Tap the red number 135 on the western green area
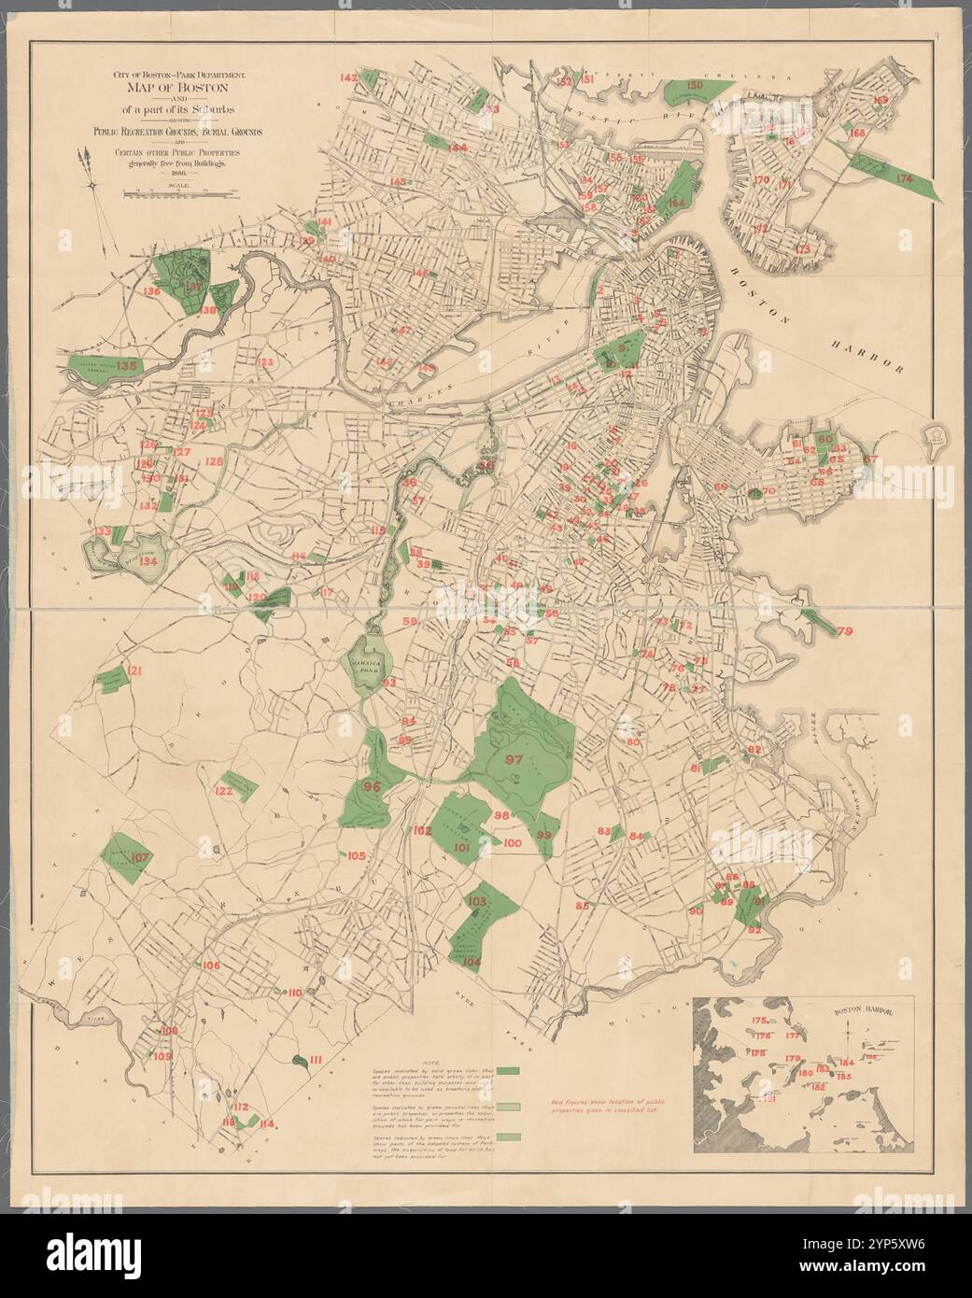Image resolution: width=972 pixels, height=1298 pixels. tap(127, 366)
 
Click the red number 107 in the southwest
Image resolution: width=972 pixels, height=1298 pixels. tap(140, 857)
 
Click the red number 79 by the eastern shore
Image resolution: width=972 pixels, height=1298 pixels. tap(844, 632)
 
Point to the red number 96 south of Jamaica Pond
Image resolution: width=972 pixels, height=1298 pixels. tap(372, 786)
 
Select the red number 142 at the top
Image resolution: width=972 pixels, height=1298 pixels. tap(348, 78)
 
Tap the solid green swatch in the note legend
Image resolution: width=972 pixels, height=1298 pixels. tap(508, 1070)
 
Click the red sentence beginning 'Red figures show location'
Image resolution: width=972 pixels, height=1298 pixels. tap(612, 1108)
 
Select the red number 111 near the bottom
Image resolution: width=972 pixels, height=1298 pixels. tap(316, 1059)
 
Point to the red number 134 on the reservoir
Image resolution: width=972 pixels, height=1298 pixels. tap(148, 562)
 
